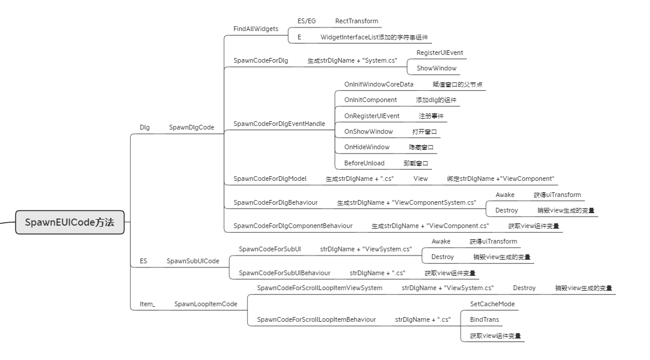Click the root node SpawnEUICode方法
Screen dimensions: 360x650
69,223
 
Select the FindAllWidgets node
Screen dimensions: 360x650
255,29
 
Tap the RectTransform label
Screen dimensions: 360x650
356,21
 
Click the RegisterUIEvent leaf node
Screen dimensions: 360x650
439,53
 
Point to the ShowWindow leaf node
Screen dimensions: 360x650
436,68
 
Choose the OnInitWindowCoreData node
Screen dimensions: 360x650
378,84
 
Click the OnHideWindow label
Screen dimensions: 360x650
366,147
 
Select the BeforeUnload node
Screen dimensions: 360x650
364,163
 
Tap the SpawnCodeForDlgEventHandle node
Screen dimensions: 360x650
279,124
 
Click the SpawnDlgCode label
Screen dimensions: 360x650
191,127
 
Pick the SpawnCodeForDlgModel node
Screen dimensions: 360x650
269,179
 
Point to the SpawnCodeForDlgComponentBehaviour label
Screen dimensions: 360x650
293,226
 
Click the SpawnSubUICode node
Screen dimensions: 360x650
192,261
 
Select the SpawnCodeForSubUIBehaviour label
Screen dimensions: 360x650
284,273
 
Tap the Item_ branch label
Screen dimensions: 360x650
147,304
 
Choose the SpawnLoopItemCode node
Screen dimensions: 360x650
206,304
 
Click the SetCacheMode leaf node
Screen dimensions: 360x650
492,304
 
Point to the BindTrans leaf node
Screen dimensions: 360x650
484,319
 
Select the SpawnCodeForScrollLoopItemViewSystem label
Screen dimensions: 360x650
319,288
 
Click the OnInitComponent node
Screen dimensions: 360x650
370,100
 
